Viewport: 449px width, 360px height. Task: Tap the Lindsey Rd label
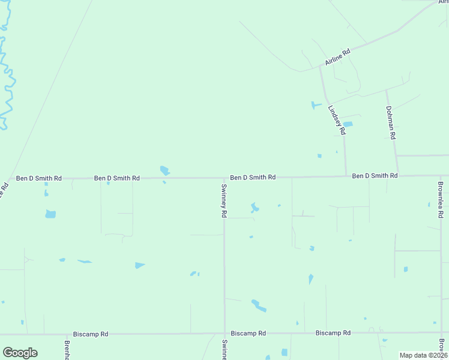pos(337,119)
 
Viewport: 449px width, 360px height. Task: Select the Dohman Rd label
pos(391,122)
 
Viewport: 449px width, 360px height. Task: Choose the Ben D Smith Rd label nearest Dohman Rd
pos(375,176)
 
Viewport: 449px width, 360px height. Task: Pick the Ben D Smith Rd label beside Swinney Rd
pos(253,178)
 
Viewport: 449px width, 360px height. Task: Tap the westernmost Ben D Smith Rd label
pos(38,178)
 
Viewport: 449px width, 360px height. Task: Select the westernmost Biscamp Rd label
pos(90,334)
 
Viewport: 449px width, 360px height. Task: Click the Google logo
pos(20,353)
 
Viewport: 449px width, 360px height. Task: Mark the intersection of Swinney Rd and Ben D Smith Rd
pos(224,178)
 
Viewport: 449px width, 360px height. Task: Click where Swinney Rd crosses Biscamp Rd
pos(224,333)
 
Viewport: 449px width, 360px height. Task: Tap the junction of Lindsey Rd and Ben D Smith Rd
pos(346,176)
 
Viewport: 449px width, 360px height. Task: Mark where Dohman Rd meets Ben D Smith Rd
pos(397,175)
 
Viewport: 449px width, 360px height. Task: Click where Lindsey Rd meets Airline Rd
pos(320,67)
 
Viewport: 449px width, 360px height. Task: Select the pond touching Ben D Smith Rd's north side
pos(164,171)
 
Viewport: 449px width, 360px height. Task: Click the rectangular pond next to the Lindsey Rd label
pos(347,125)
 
